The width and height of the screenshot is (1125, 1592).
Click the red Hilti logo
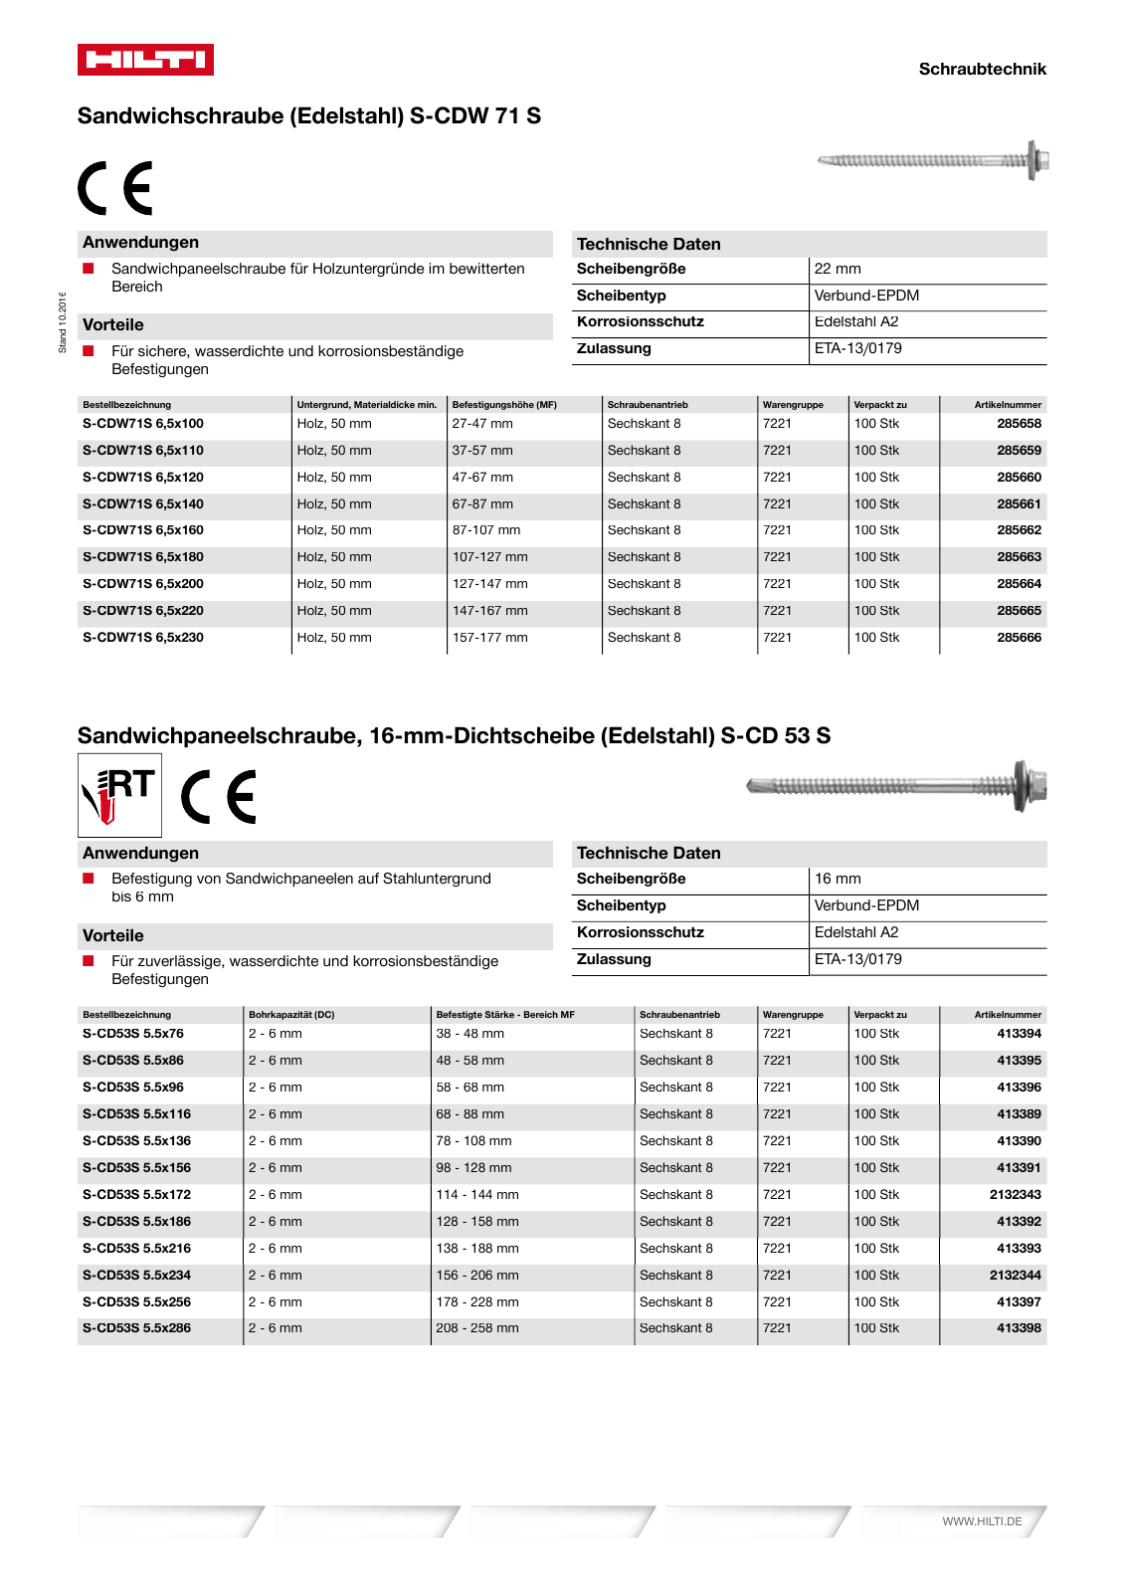tap(145, 60)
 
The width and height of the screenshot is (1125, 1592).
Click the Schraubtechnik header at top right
tap(982, 69)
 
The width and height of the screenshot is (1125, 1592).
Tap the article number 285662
tap(1019, 530)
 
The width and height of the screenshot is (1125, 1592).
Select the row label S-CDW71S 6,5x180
tap(143, 557)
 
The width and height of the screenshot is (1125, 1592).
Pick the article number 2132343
tap(1015, 1195)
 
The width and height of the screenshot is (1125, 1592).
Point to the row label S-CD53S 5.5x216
tap(136, 1249)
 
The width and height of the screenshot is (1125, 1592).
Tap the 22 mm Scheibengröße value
tap(838, 269)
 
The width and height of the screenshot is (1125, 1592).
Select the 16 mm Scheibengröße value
tap(838, 879)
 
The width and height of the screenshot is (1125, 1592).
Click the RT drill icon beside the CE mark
tap(119, 795)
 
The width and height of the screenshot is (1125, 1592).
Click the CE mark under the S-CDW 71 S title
tap(116, 188)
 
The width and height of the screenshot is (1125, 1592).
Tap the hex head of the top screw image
tap(1038, 160)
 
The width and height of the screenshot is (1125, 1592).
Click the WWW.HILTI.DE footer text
tap(982, 1521)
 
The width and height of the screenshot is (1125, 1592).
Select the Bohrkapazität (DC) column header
tap(291, 1015)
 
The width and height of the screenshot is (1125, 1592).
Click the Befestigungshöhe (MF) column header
tap(504, 405)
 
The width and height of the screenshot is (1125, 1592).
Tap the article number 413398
tap(1019, 1328)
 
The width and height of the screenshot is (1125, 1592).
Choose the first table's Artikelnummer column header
tap(1008, 405)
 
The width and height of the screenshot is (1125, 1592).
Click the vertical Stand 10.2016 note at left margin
tap(63, 322)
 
